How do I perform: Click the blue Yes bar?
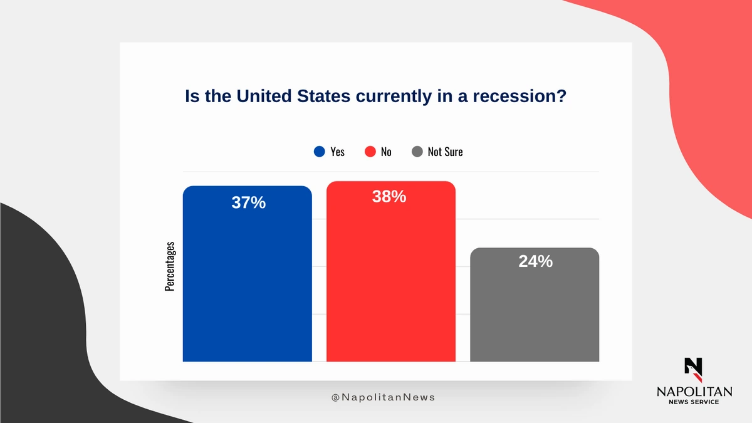click(247, 282)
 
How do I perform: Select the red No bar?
click(390, 282)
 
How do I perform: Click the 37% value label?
click(248, 203)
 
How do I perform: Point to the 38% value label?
click(389, 197)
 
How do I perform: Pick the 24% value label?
click(535, 262)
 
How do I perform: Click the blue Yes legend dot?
click(320, 152)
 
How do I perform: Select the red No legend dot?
click(370, 152)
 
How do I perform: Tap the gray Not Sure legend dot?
click(417, 152)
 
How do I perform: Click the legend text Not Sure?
click(445, 152)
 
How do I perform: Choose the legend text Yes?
click(337, 152)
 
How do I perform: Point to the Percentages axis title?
click(169, 266)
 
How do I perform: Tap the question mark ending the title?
click(561, 97)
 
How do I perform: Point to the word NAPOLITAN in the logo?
click(694, 391)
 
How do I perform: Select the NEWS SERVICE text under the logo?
click(694, 402)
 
